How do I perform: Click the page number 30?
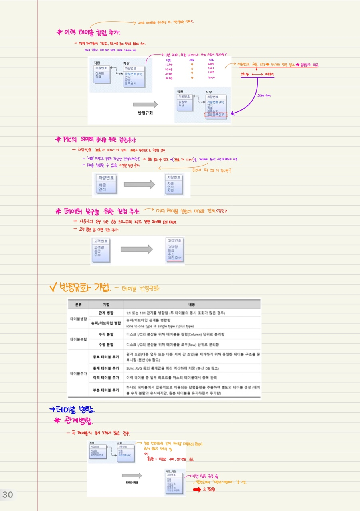(8, 495)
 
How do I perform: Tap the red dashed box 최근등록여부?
(216, 115)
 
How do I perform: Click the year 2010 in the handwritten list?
(212, 77)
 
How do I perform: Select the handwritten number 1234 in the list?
(168, 63)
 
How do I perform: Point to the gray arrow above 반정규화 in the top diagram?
(145, 104)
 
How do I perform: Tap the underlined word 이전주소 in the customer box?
(175, 258)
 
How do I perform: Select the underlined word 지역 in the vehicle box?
(170, 191)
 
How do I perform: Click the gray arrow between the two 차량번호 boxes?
(139, 184)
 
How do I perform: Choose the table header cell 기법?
(106, 304)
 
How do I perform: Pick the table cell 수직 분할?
(106, 333)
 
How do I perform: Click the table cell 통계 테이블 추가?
(106, 368)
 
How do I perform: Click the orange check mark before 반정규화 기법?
(52, 287)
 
